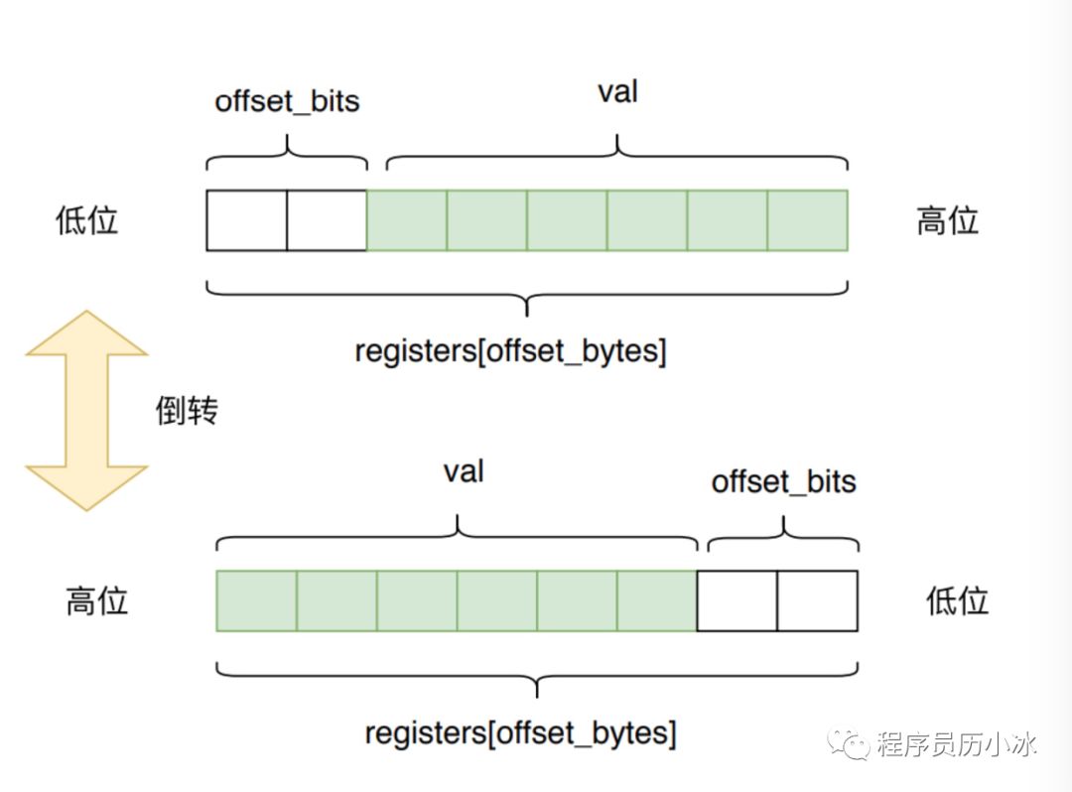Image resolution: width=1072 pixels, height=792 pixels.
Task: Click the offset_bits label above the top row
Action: click(x=287, y=101)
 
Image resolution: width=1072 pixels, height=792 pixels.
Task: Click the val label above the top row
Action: click(x=618, y=91)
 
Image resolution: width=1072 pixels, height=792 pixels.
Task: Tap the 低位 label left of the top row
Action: click(x=86, y=220)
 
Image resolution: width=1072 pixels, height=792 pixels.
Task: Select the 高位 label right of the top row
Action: click(x=948, y=220)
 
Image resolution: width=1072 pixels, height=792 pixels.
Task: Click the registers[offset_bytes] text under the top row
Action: click(x=510, y=351)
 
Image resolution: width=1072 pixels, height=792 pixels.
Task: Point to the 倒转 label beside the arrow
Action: click(x=187, y=411)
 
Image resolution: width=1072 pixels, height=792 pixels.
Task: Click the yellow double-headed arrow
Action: click(x=86, y=410)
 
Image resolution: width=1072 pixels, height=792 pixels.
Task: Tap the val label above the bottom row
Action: click(x=464, y=471)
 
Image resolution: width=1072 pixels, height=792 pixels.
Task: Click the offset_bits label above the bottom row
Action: click(x=783, y=481)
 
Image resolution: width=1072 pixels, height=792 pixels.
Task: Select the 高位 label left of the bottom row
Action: click(x=97, y=600)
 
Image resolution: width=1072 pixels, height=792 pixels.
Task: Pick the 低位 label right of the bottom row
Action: click(x=957, y=600)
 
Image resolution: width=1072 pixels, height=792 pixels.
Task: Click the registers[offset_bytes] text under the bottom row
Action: click(x=520, y=732)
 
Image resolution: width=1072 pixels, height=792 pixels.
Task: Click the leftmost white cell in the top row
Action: click(x=247, y=220)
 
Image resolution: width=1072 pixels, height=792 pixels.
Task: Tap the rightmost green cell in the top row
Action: click(x=807, y=220)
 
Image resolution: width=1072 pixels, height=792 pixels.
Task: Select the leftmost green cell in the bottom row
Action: click(x=256, y=600)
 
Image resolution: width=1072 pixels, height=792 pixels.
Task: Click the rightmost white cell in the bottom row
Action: click(x=817, y=600)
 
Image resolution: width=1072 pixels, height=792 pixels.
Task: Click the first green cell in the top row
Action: click(x=407, y=220)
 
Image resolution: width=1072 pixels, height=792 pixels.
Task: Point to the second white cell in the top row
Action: click(x=327, y=220)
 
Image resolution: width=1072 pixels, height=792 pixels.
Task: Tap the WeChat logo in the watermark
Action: click(x=849, y=743)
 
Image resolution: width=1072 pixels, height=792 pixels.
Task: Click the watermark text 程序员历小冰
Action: click(x=957, y=743)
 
